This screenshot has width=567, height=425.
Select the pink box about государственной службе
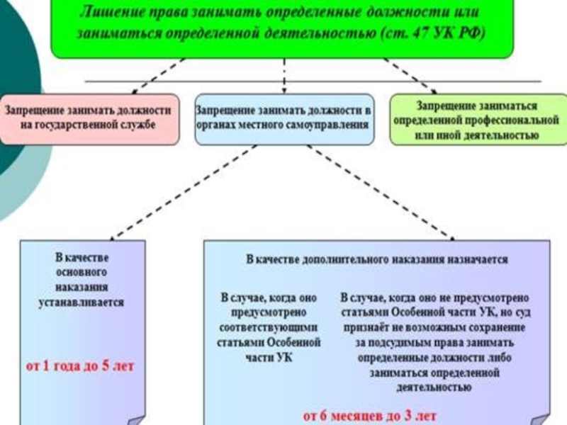[89, 119]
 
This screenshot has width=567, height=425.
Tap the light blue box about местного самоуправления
[283, 118]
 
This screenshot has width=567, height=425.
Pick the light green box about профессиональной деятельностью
[476, 119]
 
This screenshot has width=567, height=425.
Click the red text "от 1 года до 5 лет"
[79, 367]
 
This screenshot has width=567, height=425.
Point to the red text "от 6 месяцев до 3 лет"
[370, 415]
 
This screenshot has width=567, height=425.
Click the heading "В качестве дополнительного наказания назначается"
[376, 259]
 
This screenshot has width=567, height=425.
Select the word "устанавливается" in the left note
[82, 302]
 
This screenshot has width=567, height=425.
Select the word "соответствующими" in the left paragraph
[269, 328]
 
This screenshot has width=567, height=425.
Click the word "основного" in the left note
[82, 272]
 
